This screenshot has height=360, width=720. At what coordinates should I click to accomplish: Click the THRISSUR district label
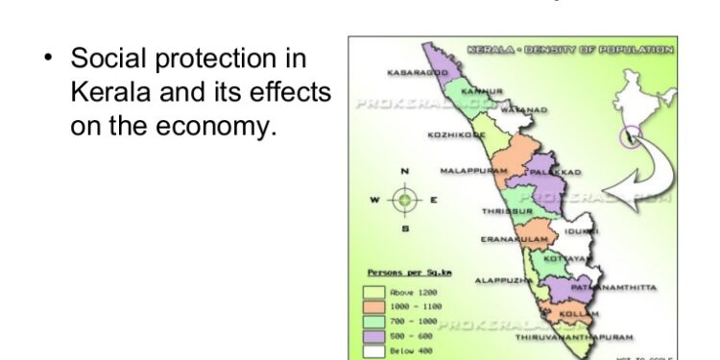coord(507,211)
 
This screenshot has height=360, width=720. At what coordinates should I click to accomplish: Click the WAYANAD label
coord(525,110)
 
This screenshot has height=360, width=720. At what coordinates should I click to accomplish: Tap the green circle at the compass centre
coord(405,201)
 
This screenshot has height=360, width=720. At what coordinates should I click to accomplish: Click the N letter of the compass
coord(405,172)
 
